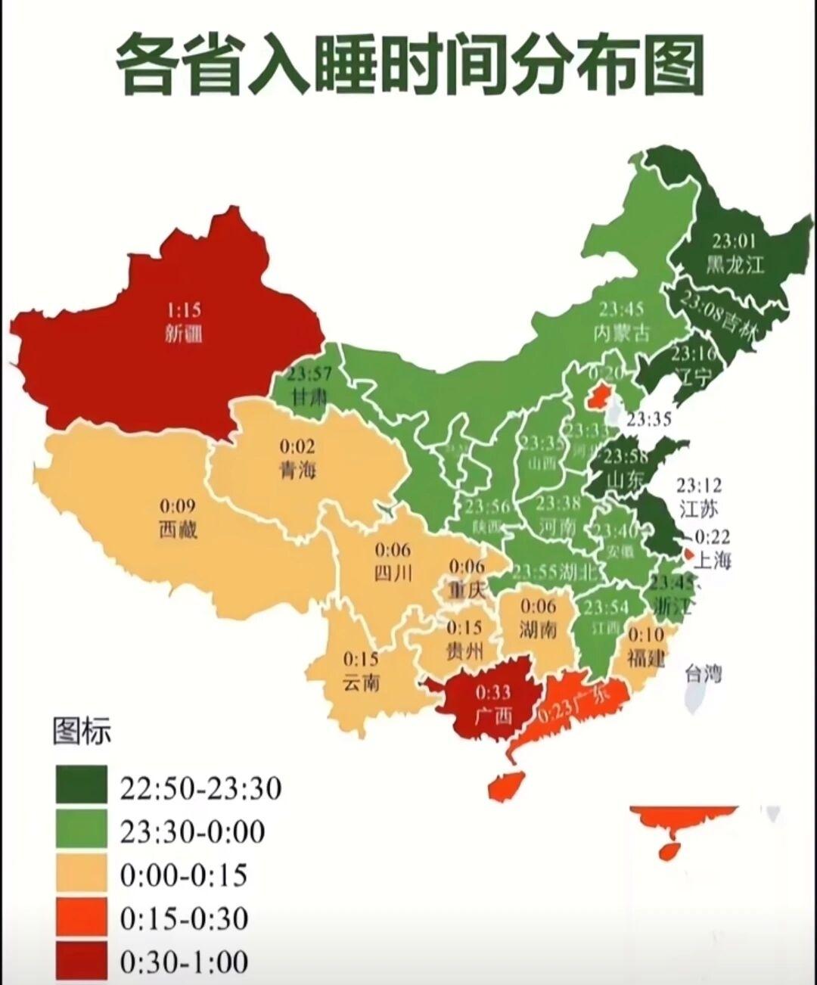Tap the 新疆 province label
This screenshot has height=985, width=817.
(x=184, y=333)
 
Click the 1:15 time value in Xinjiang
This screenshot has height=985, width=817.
(x=184, y=310)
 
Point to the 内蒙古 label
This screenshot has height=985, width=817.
(x=622, y=332)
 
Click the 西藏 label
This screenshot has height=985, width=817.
(x=178, y=529)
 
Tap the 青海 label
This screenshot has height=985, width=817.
(x=297, y=470)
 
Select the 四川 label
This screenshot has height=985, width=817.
(x=393, y=573)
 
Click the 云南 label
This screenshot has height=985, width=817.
(x=361, y=682)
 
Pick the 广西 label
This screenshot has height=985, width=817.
(x=492, y=714)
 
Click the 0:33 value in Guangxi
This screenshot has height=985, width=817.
(x=492, y=691)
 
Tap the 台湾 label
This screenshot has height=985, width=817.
(x=703, y=673)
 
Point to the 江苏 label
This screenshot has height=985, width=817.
(x=698, y=508)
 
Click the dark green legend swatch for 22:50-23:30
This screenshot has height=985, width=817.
(x=80, y=785)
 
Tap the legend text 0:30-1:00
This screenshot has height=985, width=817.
(x=184, y=962)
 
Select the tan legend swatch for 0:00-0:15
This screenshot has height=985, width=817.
(x=80, y=875)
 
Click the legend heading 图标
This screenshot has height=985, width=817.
(x=82, y=732)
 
